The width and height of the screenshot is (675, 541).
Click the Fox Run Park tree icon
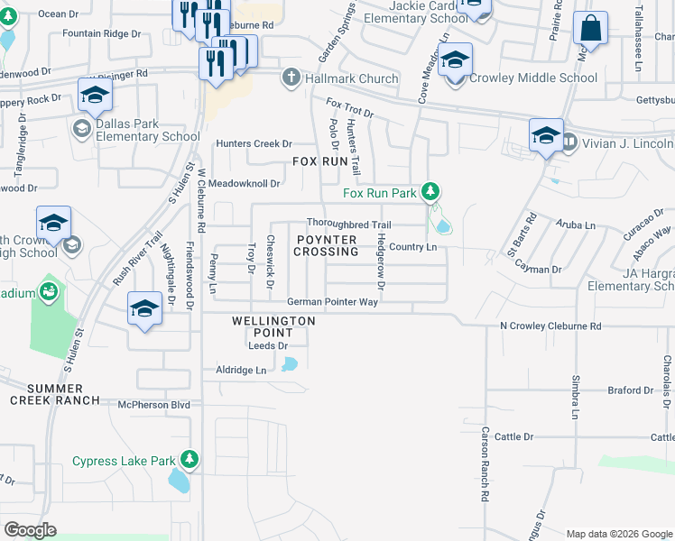[431, 192]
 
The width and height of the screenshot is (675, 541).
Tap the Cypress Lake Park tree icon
[189, 460]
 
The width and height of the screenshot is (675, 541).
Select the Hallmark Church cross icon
[291, 78]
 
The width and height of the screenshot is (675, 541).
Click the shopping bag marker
[591, 30]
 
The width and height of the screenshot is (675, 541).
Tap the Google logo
[30, 530]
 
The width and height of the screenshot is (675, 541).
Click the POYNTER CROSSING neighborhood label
[326, 245]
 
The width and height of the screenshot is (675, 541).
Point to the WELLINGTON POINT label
[273, 326]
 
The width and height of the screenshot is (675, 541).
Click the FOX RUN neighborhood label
[320, 161]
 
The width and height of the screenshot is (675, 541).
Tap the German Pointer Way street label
[332, 302]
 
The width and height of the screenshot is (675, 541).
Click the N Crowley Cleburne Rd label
[550, 326]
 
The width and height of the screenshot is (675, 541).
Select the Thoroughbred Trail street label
[348, 225]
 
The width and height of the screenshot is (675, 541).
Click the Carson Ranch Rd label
[485, 464]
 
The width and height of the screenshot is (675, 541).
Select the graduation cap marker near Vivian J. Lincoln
[546, 136]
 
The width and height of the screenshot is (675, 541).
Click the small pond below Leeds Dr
[289, 364]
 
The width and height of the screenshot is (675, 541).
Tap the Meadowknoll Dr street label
[245, 183]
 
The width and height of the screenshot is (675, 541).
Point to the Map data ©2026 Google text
[619, 534]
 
